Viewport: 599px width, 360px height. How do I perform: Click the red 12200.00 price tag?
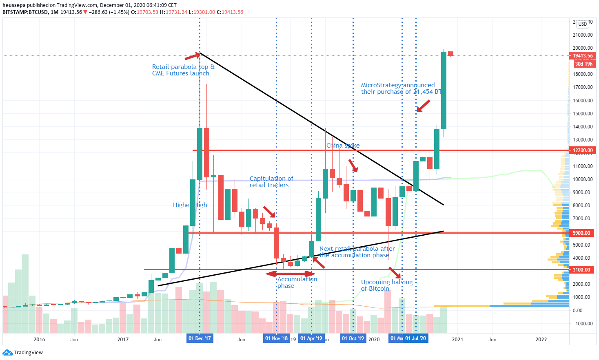click(x=583, y=150)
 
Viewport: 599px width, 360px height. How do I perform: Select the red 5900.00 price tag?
click(x=581, y=233)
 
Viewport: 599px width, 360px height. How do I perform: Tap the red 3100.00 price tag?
click(x=581, y=270)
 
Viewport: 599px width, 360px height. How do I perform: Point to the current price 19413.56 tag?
click(x=583, y=56)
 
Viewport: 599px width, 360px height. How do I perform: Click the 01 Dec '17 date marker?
click(x=200, y=338)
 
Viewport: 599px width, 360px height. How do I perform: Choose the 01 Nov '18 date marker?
click(x=276, y=338)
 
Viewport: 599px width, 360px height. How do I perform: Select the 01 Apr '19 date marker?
click(x=311, y=338)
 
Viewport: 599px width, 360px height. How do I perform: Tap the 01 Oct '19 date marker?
click(x=353, y=338)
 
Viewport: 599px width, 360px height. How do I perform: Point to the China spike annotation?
click(x=343, y=146)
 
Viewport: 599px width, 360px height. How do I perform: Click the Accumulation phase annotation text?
click(x=297, y=282)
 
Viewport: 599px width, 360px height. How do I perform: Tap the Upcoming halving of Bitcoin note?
click(x=386, y=285)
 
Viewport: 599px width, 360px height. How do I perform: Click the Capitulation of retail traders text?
click(x=271, y=182)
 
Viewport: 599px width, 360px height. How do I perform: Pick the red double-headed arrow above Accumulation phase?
click(x=290, y=274)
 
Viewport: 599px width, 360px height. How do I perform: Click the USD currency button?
click(x=583, y=24)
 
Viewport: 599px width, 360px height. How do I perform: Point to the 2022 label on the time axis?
click(x=541, y=339)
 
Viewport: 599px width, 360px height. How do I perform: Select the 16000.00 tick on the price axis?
click(x=583, y=100)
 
